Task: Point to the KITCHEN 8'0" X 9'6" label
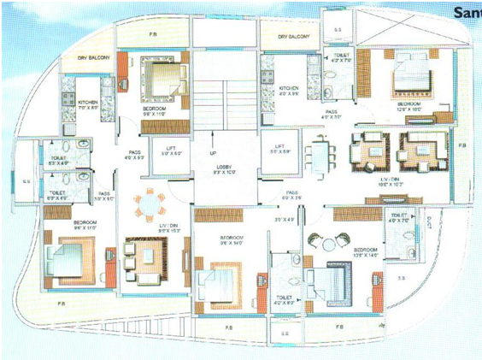point(289,90)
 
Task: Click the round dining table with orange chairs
point(149,204)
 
